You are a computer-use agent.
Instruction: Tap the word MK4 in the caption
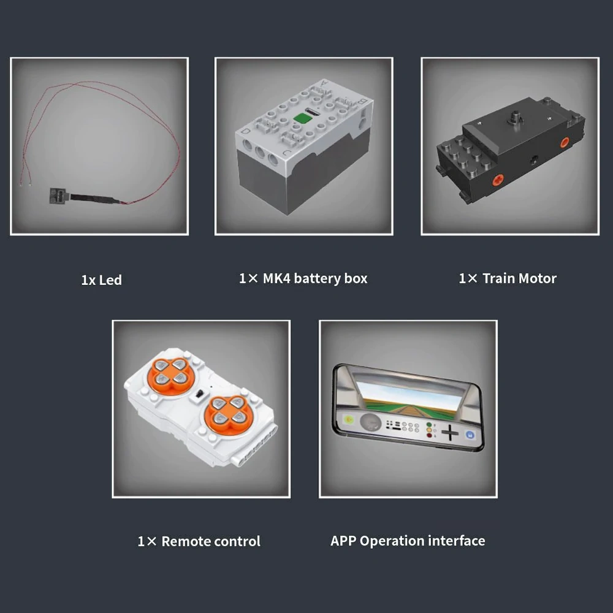(x=276, y=278)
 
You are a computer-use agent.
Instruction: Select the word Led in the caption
(x=110, y=280)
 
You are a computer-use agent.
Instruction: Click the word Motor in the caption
(x=538, y=278)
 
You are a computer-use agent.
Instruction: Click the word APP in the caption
(x=343, y=541)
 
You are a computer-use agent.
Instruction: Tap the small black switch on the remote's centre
(x=199, y=394)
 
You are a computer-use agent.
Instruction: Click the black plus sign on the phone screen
(x=450, y=432)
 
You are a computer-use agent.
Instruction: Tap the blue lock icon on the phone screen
(x=470, y=435)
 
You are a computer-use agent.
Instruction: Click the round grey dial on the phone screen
(x=370, y=422)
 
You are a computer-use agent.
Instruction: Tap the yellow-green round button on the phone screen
(x=349, y=420)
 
